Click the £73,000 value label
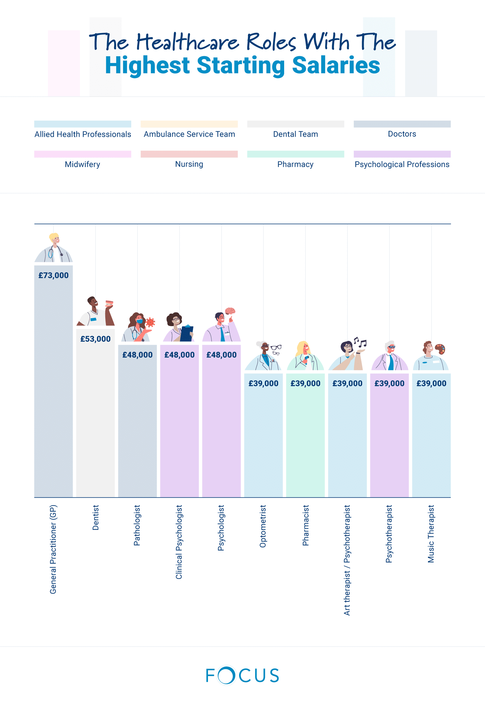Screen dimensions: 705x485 (x=53, y=275)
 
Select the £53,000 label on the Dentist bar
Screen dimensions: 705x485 (x=95, y=339)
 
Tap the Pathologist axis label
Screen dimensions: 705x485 (x=137, y=525)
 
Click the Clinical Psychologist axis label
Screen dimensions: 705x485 (x=179, y=542)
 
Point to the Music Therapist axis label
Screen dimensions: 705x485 (x=431, y=534)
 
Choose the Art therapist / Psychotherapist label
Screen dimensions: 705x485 (x=347, y=560)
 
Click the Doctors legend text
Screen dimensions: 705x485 (x=402, y=134)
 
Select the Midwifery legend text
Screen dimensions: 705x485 (x=82, y=164)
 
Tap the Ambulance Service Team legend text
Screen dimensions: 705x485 (x=189, y=134)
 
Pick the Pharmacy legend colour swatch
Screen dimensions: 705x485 (x=295, y=154)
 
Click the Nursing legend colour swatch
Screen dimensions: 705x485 (x=189, y=154)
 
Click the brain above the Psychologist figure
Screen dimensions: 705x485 (x=230, y=311)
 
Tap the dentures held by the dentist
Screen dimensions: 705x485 (x=109, y=303)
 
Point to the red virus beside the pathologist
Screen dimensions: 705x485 (x=150, y=322)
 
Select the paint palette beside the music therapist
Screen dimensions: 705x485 (x=440, y=348)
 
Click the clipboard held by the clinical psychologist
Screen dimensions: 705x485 (x=186, y=333)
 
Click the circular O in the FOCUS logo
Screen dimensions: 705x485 (x=226, y=676)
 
